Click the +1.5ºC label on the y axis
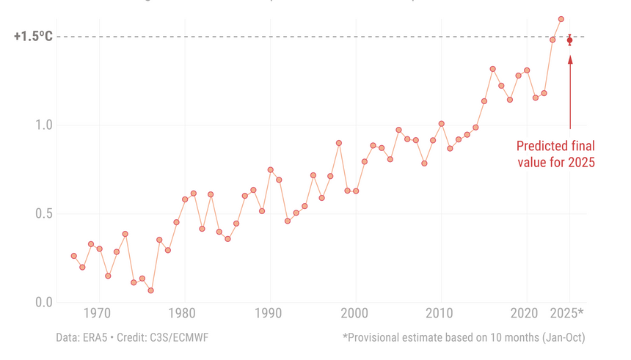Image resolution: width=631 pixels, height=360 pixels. [33, 36]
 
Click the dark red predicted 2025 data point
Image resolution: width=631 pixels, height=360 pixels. [569, 40]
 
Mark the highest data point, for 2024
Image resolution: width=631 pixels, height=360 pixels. [561, 19]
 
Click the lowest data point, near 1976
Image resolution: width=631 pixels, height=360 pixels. [150, 290]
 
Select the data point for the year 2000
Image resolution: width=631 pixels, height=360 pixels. [356, 191]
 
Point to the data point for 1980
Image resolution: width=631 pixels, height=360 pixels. [185, 199]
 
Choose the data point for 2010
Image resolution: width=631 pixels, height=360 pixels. [441, 124]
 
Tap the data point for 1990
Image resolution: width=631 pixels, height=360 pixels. [270, 169]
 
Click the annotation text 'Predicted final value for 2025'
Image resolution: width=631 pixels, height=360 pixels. [555, 154]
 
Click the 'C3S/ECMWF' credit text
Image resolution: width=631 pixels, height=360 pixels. [180, 337]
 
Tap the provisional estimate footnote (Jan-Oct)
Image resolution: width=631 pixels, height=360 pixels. [463, 337]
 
